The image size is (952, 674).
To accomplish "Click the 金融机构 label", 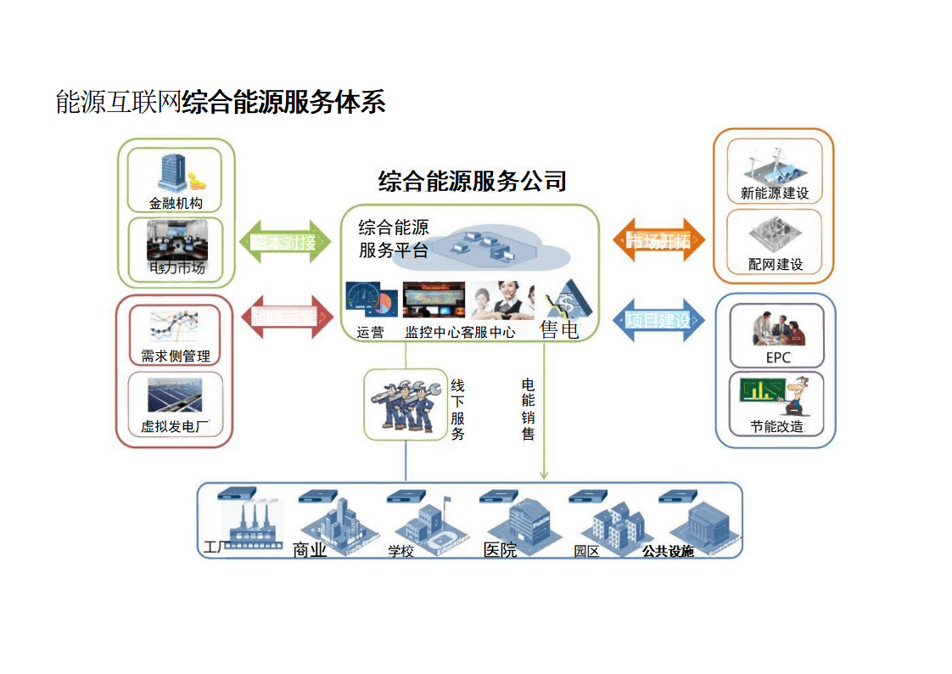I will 176,204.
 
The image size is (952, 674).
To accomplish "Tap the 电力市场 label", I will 177,268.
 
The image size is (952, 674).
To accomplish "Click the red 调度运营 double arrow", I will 288,317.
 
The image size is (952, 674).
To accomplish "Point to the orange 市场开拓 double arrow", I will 658,242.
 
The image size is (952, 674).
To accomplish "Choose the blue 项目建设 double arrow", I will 658,320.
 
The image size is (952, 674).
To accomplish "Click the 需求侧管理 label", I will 176,357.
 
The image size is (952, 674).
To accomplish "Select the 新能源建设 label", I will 775,194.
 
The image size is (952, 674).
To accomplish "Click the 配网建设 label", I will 776,265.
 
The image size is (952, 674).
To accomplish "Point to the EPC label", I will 778,357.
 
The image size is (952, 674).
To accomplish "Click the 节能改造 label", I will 776,427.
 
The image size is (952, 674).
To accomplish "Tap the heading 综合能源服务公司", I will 472,181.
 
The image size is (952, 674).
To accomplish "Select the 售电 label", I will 559,329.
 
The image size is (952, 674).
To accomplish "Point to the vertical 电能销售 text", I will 528,409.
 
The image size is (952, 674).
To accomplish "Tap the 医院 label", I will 500,550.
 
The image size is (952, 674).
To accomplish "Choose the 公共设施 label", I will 668,552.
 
